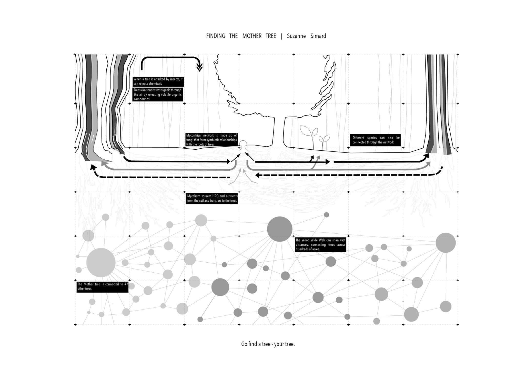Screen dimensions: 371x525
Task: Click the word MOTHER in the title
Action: (x=252, y=36)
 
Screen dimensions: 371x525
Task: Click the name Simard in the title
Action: (x=318, y=36)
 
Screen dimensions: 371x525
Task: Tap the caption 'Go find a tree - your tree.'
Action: (x=268, y=344)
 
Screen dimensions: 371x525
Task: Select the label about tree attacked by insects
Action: (x=158, y=81)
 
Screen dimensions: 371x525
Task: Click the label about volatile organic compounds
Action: (x=158, y=95)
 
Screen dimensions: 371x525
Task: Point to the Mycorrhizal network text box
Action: (x=212, y=140)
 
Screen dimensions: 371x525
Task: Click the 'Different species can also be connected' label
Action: (x=375, y=140)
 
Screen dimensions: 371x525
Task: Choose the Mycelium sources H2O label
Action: (x=212, y=198)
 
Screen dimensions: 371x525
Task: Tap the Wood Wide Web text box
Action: (x=320, y=245)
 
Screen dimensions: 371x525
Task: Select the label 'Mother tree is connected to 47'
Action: (x=102, y=286)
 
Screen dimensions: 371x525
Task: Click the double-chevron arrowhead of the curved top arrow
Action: (x=199, y=68)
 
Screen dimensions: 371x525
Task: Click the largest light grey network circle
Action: (x=101, y=262)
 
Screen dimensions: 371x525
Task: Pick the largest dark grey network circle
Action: (x=279, y=229)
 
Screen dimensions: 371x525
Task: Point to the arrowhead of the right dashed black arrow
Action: (x=258, y=175)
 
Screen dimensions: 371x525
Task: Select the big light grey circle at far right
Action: (x=446, y=243)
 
